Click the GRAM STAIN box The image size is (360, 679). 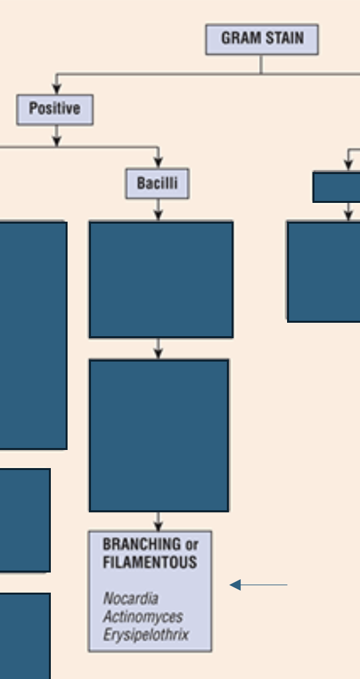coord(262,39)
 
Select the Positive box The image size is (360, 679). coord(55,110)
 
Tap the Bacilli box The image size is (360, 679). coord(157,183)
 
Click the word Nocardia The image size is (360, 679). coord(130,599)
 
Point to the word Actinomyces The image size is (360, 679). coord(143,617)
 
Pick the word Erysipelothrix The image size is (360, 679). coord(146,635)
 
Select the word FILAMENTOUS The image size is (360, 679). coord(150,562)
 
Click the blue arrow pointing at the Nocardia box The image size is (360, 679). coord(258,585)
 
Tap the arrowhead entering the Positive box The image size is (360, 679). coord(57,89)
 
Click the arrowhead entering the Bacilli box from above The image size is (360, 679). coord(159,163)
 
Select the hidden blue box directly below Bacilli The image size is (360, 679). coord(161,279)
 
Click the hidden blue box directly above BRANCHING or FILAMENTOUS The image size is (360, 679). coord(159,435)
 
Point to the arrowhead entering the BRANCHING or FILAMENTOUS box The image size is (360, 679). coord(159,526)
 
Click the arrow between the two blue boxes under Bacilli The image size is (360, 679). coord(159,349)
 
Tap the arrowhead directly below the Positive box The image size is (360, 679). coord(57,141)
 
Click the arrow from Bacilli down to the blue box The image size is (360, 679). coord(159,210)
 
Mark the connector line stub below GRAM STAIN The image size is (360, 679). coord(261,64)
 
